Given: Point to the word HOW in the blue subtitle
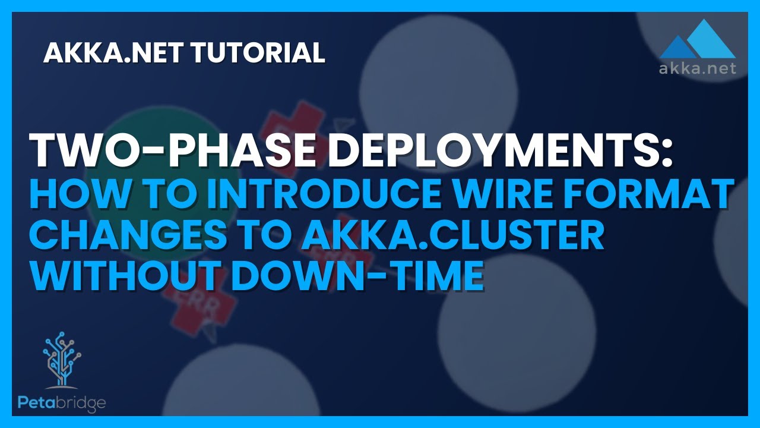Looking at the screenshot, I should click(75, 196).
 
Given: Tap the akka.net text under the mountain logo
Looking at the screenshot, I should click(698, 68).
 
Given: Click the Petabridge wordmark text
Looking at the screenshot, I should click(62, 404).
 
